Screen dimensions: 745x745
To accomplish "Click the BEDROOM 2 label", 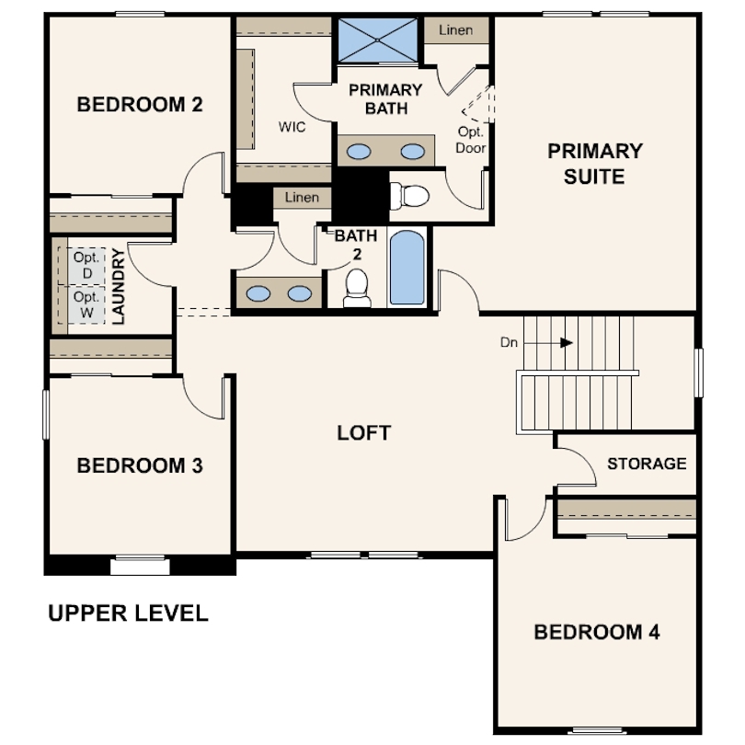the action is pos(140,105).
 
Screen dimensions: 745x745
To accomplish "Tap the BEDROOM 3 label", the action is pos(140,465).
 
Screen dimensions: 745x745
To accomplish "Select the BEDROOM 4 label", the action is pos(597,632).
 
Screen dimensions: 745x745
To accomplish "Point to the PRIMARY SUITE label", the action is pos(595,164).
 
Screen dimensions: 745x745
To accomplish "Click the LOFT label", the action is pos(364,433).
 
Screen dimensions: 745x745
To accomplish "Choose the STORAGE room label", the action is pos(647,464).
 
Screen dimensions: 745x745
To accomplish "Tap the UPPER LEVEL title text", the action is pos(128,613).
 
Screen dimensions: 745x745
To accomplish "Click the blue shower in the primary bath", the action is pos(378,40).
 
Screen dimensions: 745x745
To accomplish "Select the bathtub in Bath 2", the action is pos(407,268).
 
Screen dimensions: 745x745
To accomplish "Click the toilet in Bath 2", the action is pos(357,289).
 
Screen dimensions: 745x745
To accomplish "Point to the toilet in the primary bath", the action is pos(409,196).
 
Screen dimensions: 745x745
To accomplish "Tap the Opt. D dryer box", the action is pos(86,266).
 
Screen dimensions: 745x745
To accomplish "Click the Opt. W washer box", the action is pos(86,304).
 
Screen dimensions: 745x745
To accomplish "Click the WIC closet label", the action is pos(292,127).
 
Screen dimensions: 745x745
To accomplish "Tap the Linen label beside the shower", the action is pos(455,30).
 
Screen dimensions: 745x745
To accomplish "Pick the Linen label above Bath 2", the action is pos(302,197).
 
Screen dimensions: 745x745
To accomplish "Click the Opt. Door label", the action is pos(470,140).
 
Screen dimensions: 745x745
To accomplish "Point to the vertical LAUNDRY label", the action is pos(118,286).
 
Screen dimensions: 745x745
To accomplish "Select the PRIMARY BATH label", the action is pos(385,99).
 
